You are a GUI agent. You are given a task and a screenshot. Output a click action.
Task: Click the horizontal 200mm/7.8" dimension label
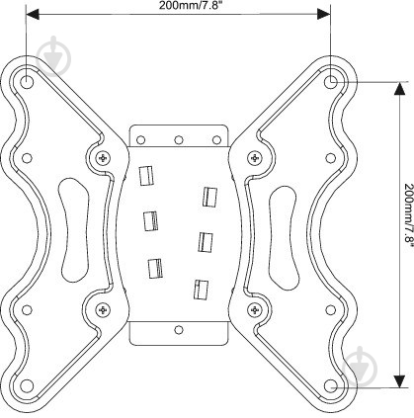[189, 5]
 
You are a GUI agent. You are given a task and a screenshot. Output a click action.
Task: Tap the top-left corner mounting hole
[27, 82]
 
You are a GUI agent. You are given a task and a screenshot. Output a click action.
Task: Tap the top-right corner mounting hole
[330, 82]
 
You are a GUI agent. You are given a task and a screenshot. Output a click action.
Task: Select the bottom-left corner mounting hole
[27, 386]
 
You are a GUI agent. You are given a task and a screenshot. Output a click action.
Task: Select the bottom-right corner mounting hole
[330, 386]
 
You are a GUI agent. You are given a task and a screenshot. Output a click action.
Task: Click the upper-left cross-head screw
[104, 158]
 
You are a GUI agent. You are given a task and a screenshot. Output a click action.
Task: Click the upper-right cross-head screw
[254, 158]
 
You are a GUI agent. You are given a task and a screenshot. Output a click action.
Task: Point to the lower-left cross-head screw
[104, 309]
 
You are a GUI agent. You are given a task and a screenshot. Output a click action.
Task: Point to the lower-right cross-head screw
[254, 309]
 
